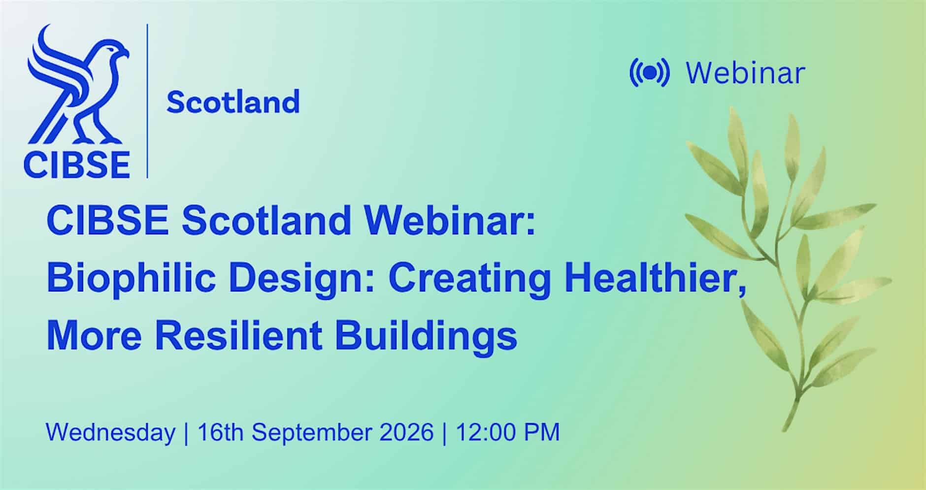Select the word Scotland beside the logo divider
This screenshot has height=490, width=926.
click(233, 102)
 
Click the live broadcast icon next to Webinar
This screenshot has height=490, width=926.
click(649, 73)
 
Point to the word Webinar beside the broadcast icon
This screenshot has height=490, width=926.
click(746, 73)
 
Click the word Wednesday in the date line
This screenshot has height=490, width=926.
click(111, 432)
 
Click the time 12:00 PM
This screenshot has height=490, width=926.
click(508, 432)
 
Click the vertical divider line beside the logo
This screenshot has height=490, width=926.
click(147, 100)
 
